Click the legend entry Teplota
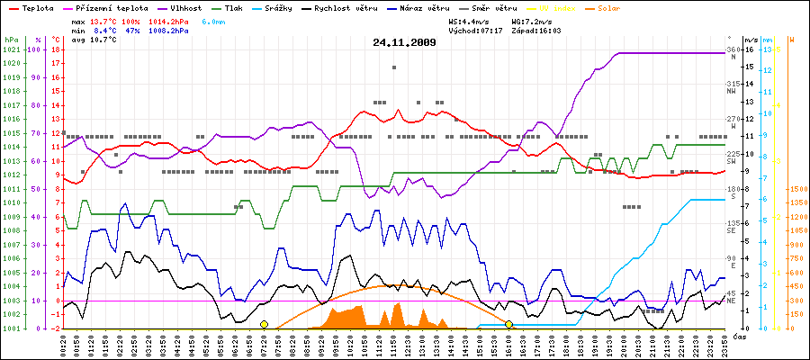pos(34,8)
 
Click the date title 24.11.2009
pos(404,41)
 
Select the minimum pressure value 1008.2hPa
pos(169,31)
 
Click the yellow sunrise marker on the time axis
pos(264,324)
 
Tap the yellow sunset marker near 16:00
pos(508,324)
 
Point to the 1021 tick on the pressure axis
pos(11,49)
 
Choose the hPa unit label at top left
pos(11,40)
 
